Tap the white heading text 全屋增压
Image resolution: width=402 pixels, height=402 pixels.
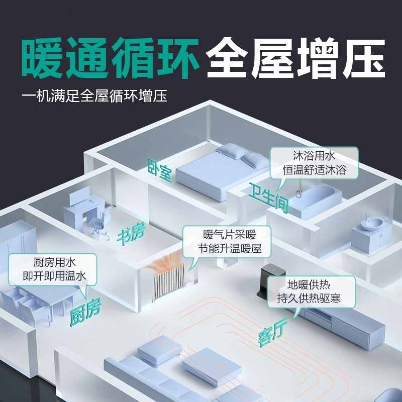pyautogui.click(x=295, y=59)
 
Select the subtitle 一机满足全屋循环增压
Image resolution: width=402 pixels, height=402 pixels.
pyautogui.click(x=94, y=95)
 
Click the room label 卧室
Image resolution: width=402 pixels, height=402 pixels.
pyautogui.click(x=160, y=170)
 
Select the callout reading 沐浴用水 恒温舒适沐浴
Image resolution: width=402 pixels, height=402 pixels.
pyautogui.click(x=314, y=162)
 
